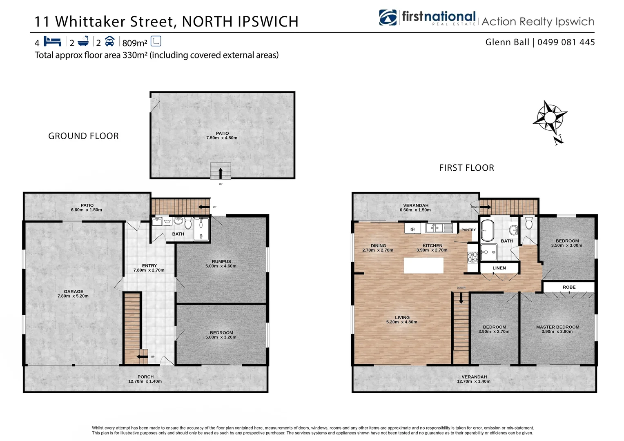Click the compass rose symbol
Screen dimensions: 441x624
[550, 118]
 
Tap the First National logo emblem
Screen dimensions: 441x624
[388, 18]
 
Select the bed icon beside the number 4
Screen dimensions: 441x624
[52, 42]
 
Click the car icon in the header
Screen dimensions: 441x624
[109, 41]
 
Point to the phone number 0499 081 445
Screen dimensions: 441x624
[566, 42]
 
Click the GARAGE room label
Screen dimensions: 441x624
[73, 292]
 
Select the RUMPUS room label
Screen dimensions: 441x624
[221, 261]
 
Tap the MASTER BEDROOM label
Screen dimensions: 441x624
[557, 327]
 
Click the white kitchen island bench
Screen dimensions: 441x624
[423, 265]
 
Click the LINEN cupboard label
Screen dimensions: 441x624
[499, 268]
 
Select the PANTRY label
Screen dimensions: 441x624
[468, 230]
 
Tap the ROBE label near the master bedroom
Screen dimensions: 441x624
[569, 287]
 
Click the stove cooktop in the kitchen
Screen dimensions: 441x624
[472, 257]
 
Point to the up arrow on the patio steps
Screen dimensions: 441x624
[221, 173]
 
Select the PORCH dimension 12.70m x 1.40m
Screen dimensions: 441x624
[145, 381]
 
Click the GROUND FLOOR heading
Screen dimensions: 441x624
[83, 136]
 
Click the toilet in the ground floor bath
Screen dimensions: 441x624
[188, 223]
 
